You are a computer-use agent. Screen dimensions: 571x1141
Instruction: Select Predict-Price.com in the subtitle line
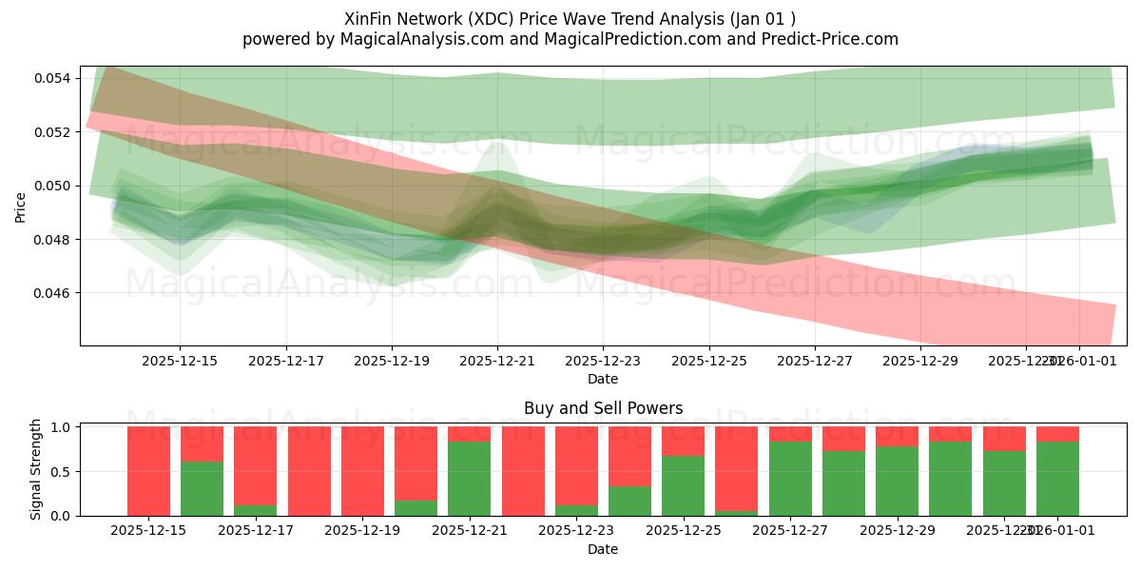[829, 39]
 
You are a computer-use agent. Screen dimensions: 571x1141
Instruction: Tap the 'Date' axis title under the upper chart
[602, 379]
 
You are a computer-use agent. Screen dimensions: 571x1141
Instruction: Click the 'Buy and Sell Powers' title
[603, 408]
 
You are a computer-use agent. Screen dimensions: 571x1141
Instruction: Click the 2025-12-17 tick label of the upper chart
[285, 361]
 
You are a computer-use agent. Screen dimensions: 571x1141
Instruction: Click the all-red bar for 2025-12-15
[148, 471]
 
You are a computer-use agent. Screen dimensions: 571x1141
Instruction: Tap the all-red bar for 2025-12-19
[362, 471]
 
